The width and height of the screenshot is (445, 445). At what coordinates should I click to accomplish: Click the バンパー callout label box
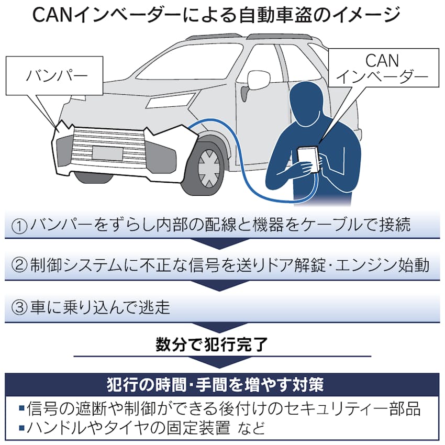click(54, 75)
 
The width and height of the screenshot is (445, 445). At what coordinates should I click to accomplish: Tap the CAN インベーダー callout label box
click(383, 68)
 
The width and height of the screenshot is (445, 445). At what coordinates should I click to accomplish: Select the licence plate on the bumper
click(107, 153)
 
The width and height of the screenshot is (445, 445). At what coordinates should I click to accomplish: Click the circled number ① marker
click(19, 226)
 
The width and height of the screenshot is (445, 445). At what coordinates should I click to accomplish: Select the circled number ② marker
click(19, 265)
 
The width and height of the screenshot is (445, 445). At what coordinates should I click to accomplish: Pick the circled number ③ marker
click(19, 307)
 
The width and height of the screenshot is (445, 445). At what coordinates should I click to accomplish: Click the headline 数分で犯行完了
click(212, 344)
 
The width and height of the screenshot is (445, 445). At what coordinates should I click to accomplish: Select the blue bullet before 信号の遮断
click(21, 408)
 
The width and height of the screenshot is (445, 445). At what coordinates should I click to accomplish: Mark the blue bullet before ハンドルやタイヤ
click(21, 428)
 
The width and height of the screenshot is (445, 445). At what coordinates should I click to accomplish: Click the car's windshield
click(187, 62)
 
